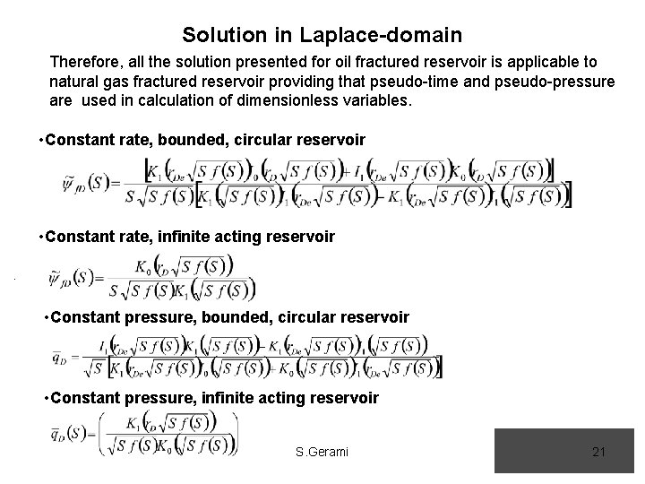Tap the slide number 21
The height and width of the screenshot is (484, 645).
coord(599,452)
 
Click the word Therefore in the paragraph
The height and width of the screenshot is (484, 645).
coord(89,63)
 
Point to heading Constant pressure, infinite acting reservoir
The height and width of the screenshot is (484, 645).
coord(215,397)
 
